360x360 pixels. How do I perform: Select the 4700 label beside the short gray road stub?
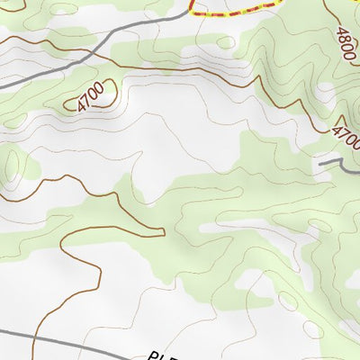pyautogui.click(x=346, y=139)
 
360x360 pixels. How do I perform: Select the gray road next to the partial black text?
pyautogui.click(x=90, y=346)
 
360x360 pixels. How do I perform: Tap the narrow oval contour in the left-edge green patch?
pyautogui.click(x=11, y=162)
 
